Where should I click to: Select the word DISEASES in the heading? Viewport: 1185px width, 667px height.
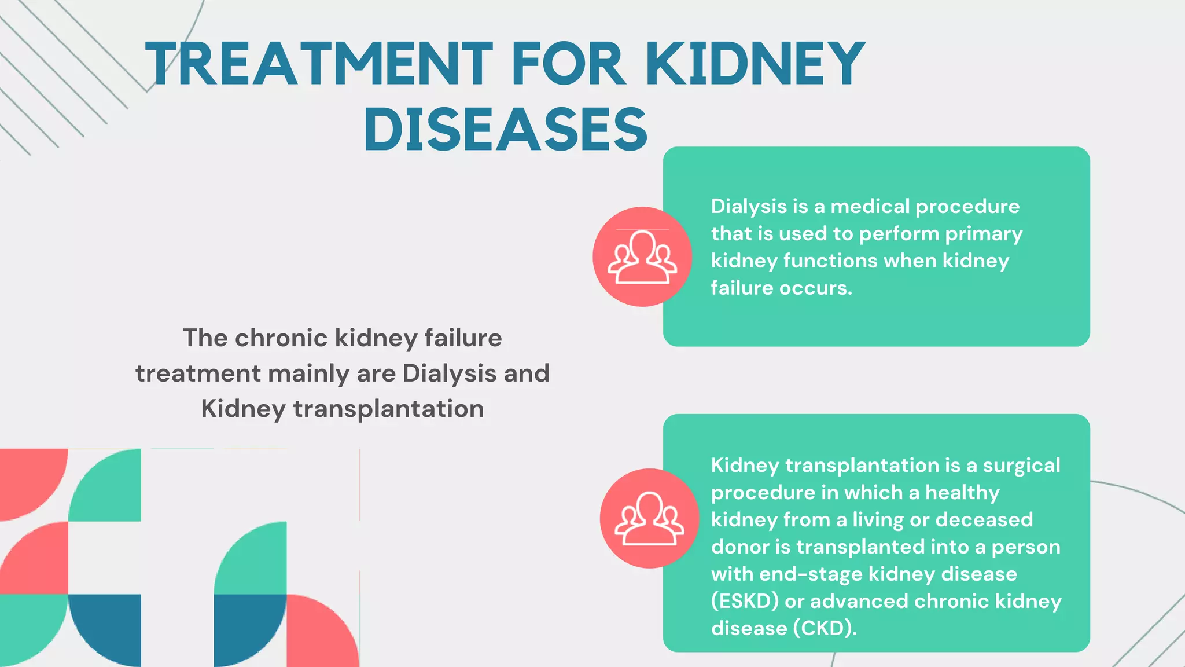[506, 130]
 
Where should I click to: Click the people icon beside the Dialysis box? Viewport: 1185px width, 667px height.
[642, 256]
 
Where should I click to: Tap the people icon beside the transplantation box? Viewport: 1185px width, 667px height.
[649, 518]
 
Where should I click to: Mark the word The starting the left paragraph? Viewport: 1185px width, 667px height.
[205, 338]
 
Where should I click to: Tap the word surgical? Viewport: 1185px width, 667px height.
[1021, 466]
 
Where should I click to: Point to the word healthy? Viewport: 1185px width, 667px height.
[962, 493]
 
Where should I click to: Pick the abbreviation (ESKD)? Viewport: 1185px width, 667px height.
[745, 602]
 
